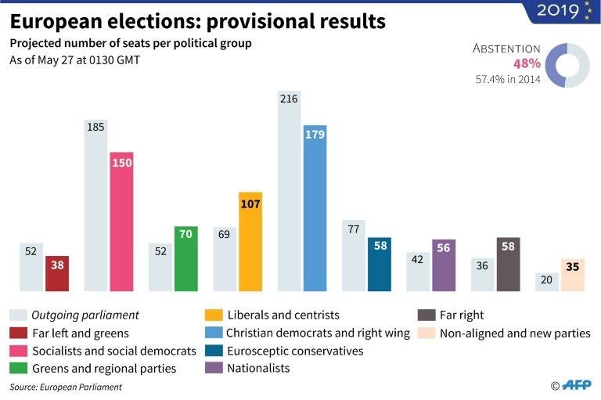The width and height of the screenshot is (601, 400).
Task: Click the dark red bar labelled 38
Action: (57, 273)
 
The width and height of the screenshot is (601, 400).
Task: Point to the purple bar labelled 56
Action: (444, 265)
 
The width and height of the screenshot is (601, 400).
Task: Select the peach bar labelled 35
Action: (572, 275)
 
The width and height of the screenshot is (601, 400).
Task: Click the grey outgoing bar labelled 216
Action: (289, 191)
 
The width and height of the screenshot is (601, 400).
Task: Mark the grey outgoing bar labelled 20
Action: (546, 282)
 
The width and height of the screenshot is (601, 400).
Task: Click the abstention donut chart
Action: (567, 63)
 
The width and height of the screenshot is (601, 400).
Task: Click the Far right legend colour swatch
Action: (425, 315)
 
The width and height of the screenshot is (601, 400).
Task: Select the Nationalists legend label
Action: (258, 368)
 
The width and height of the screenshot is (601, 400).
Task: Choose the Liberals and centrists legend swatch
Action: (213, 315)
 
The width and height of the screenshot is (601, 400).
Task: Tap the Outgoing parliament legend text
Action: (85, 315)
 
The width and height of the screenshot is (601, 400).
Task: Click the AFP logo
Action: (576, 385)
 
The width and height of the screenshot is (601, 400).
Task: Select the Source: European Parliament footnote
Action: (66, 387)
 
